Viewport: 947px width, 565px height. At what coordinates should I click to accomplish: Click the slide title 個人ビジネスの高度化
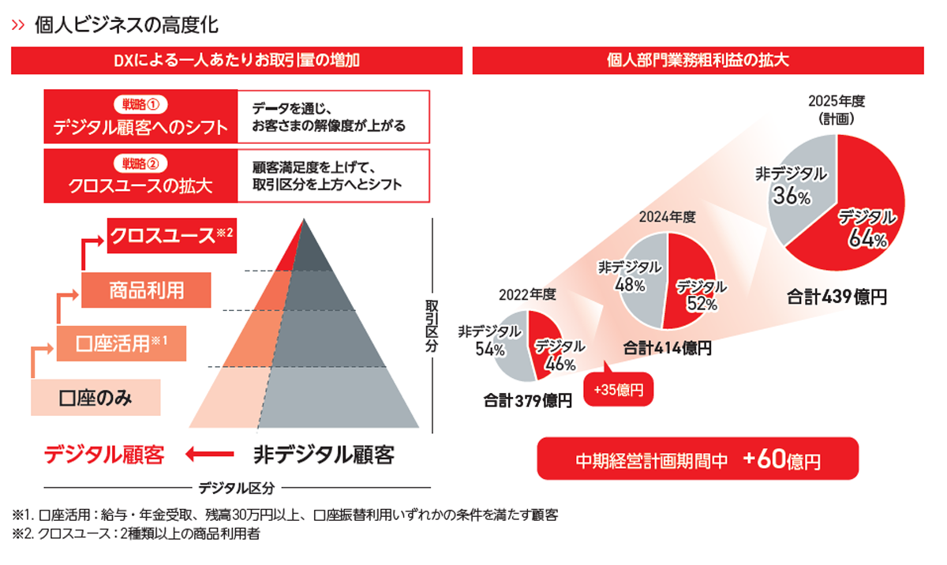(126, 24)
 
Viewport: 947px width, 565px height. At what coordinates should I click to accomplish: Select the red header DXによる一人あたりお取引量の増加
(237, 60)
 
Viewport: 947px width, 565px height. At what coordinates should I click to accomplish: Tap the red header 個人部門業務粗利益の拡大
(698, 60)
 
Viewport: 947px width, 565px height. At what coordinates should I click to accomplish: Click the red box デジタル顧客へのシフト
(140, 117)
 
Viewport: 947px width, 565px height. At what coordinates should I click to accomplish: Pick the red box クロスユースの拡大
(140, 176)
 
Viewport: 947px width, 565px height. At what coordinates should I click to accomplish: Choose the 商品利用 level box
(146, 290)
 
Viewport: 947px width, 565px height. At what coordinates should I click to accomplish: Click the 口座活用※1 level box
(122, 344)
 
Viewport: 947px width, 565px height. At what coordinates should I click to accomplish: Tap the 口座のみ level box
(95, 398)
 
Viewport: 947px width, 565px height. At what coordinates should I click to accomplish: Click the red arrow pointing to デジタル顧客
(210, 454)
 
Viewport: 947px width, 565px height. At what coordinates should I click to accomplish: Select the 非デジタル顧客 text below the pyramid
(324, 455)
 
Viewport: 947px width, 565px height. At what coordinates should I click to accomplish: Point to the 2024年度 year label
(667, 215)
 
